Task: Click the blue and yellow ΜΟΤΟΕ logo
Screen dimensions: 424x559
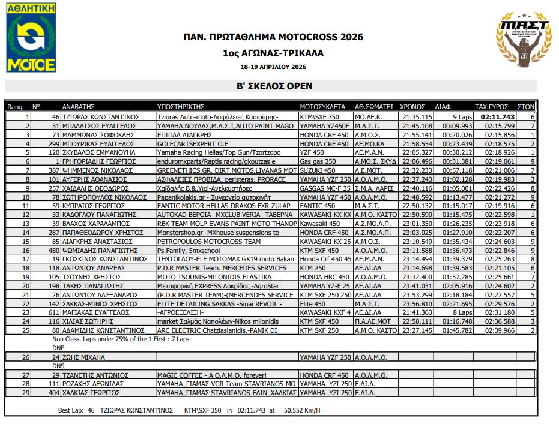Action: tap(31, 38)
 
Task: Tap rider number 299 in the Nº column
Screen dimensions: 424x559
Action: tap(52, 144)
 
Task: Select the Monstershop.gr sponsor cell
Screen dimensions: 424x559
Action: tap(217, 232)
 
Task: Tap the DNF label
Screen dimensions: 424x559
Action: tap(58, 347)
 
